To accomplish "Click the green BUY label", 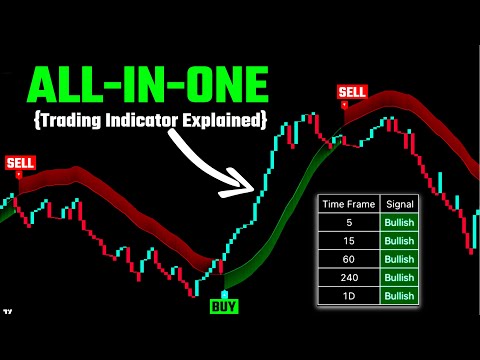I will (x=224, y=305).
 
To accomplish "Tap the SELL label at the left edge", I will (x=19, y=162).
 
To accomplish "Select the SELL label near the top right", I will (x=353, y=93).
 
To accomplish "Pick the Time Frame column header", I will (x=349, y=203).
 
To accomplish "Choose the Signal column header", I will (x=399, y=203).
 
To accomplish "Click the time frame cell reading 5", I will (x=349, y=222).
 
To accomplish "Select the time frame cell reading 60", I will (x=349, y=258).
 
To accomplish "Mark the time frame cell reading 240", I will (x=349, y=276).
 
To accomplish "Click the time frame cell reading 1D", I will (x=349, y=295).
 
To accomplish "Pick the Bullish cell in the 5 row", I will (x=399, y=222).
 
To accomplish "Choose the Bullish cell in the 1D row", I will (x=399, y=295).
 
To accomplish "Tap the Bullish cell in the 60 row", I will (x=399, y=258).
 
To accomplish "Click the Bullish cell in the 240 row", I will (x=399, y=276).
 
